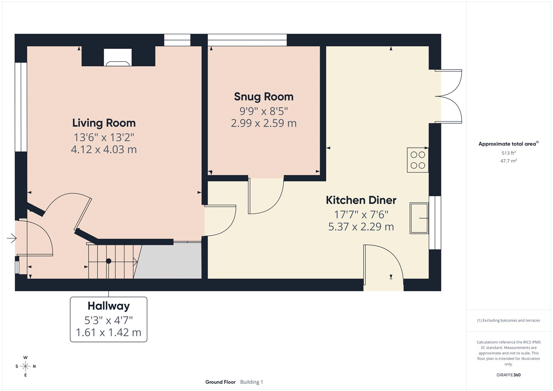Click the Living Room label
(104, 123)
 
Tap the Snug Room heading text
(263, 97)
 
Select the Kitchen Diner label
(361, 200)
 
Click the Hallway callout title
(109, 306)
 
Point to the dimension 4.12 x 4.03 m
(104, 150)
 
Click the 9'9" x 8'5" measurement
(263, 111)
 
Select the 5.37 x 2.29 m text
(361, 227)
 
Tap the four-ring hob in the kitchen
(418, 160)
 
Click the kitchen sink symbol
(419, 218)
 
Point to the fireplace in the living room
(118, 58)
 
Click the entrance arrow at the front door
(11, 238)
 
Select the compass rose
(25, 366)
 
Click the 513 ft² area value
(508, 153)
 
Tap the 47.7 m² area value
(508, 161)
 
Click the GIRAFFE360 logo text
(508, 375)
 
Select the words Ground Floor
(220, 382)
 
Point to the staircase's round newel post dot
(109, 261)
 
